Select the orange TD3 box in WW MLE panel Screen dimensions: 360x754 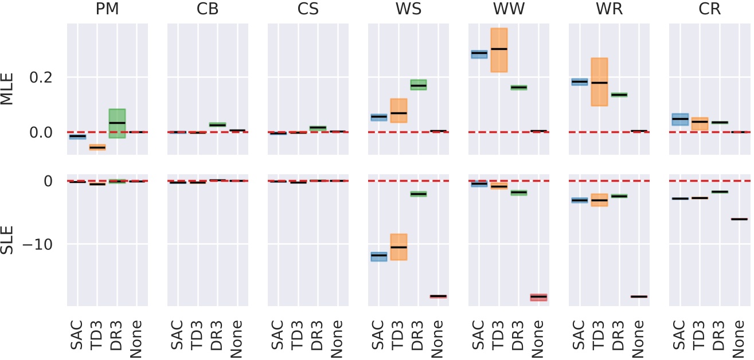(499, 50)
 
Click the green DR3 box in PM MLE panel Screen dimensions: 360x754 (117, 123)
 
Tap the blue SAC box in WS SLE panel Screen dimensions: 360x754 (378, 256)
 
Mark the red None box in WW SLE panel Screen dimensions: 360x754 (538, 297)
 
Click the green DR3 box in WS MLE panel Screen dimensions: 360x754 (418, 85)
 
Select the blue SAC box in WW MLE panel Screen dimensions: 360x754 (479, 54)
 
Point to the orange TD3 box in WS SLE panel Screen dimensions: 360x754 (399, 246)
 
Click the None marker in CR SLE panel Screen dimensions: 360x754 (739, 219)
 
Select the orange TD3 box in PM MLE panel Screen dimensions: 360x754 (97, 147)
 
